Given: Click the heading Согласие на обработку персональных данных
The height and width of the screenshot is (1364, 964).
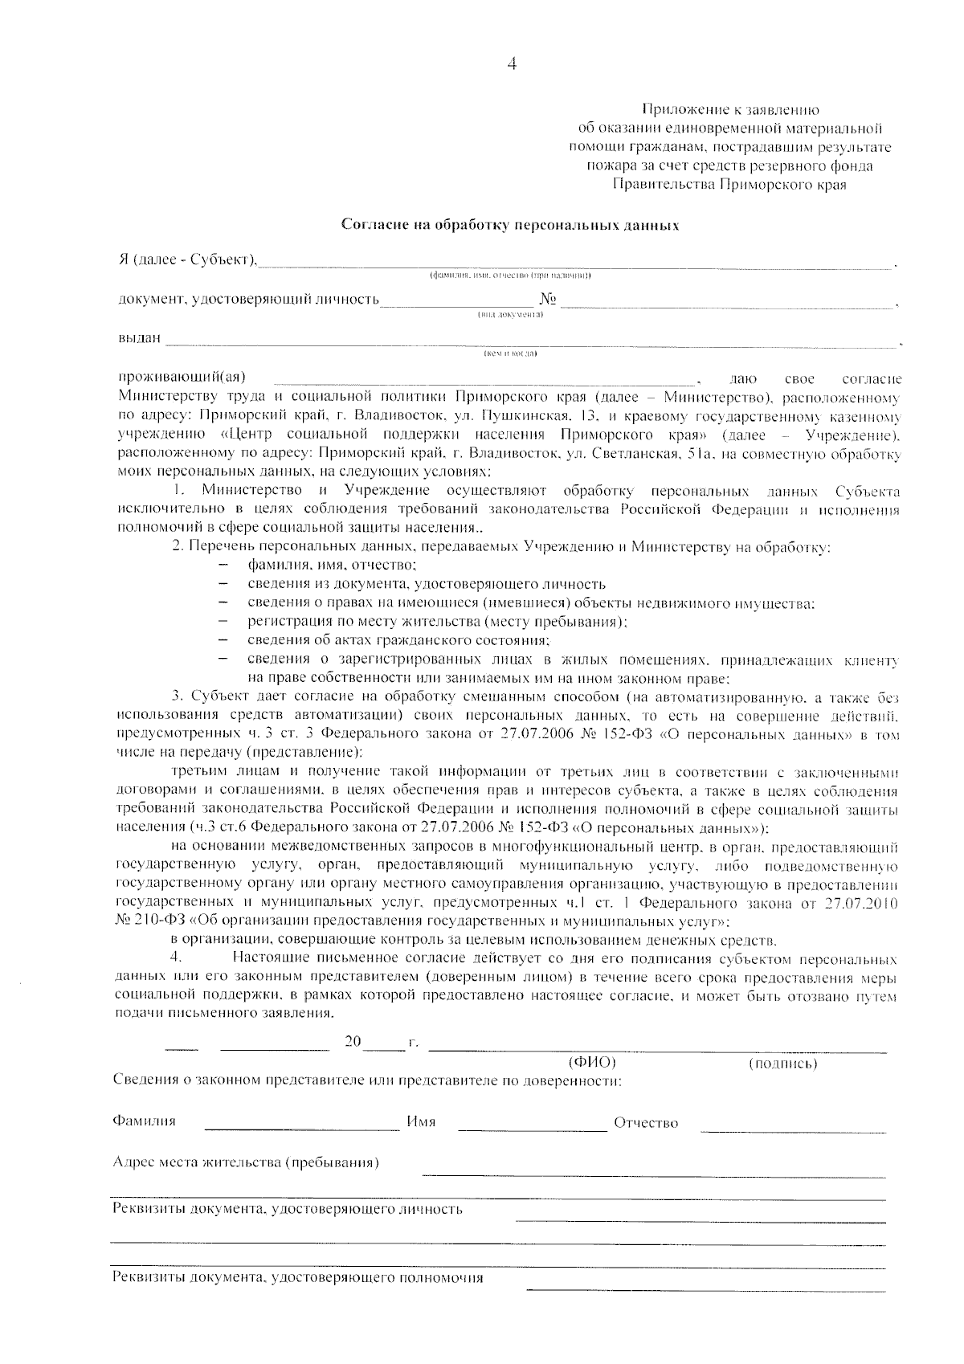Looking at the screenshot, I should pos(511,225).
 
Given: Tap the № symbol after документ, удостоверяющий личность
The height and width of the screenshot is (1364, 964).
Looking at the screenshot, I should pos(549,300).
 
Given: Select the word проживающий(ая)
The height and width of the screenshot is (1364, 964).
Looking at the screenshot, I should pos(182,377).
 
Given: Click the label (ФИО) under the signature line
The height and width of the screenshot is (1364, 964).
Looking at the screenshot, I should pos(592,1063).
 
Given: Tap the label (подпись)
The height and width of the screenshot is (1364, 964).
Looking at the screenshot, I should pos(782,1064).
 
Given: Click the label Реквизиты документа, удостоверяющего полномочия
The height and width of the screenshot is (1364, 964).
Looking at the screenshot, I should pos(297,1277).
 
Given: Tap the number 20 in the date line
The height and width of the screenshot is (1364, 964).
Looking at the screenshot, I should pos(353,1042).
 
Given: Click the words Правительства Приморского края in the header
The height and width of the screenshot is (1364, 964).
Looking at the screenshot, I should pos(729,184).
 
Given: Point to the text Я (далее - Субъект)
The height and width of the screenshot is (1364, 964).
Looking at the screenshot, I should pos(186,259).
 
